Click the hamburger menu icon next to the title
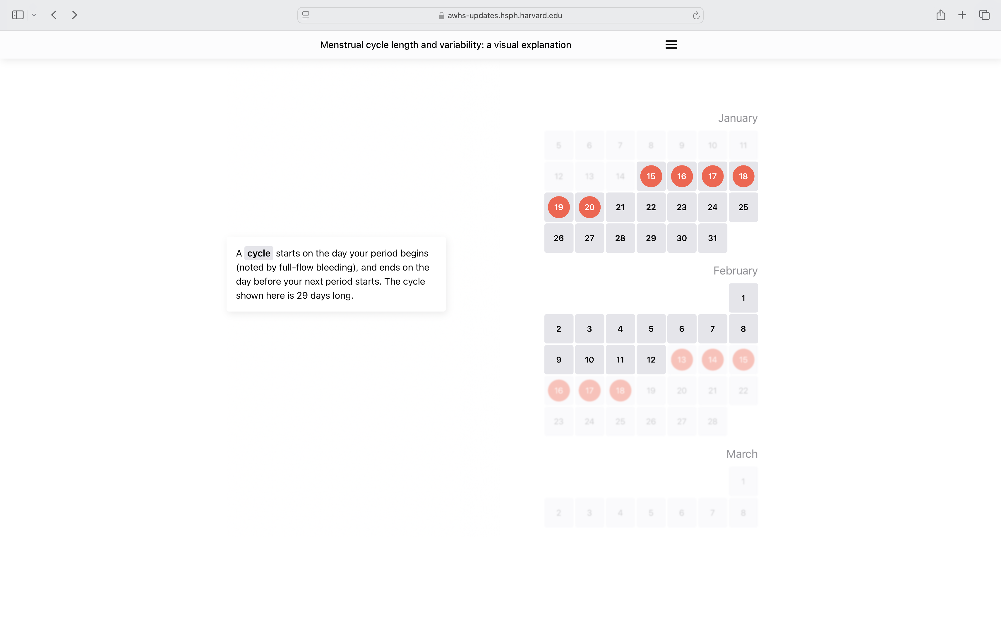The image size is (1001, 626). pyautogui.click(x=671, y=45)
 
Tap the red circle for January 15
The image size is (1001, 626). pyautogui.click(x=651, y=176)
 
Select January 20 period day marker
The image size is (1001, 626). pyautogui.click(x=589, y=207)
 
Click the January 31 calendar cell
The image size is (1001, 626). pyautogui.click(x=712, y=238)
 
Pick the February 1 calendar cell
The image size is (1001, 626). pyautogui.click(x=743, y=298)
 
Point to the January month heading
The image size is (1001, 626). pyautogui.click(x=737, y=118)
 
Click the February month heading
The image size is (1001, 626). pyautogui.click(x=735, y=271)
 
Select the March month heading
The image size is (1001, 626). pyautogui.click(x=742, y=454)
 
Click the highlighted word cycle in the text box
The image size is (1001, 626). pyautogui.click(x=259, y=253)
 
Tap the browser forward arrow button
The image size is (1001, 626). pyautogui.click(x=74, y=15)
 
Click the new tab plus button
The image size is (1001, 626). pyautogui.click(x=962, y=15)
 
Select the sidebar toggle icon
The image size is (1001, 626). pyautogui.click(x=18, y=15)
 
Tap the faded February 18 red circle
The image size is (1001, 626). pyautogui.click(x=620, y=390)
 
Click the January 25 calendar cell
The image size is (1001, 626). pyautogui.click(x=743, y=207)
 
